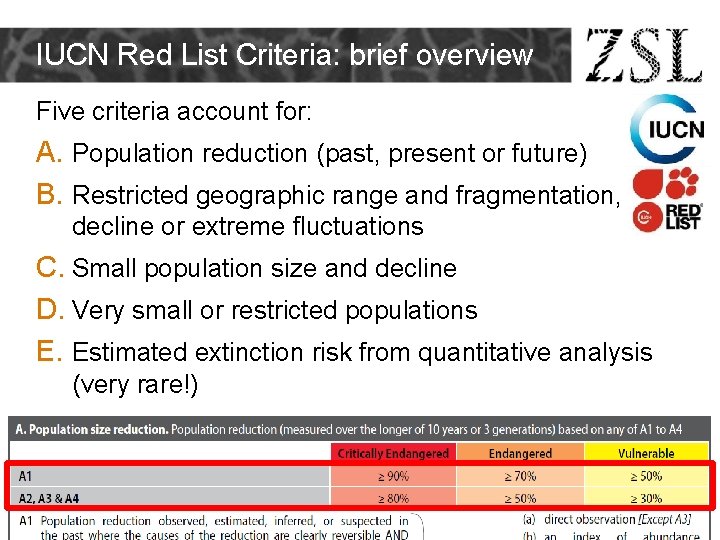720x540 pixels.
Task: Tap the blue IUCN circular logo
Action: [x=667, y=131]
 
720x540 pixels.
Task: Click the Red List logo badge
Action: [x=668, y=201]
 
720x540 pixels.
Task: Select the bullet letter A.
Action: [x=49, y=153]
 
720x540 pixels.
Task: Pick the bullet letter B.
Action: [x=49, y=194]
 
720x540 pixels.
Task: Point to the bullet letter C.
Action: [x=49, y=268]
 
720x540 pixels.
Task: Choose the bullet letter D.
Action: [x=49, y=310]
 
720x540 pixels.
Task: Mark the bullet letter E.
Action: [x=49, y=352]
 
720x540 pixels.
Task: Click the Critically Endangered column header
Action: [x=393, y=454]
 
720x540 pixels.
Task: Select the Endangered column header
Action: [x=520, y=454]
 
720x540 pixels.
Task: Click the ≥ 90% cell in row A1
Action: [x=393, y=476]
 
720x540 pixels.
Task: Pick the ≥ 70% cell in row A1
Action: [x=520, y=476]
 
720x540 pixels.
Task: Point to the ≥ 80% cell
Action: [x=393, y=497]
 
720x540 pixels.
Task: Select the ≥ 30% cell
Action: [x=645, y=497]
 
